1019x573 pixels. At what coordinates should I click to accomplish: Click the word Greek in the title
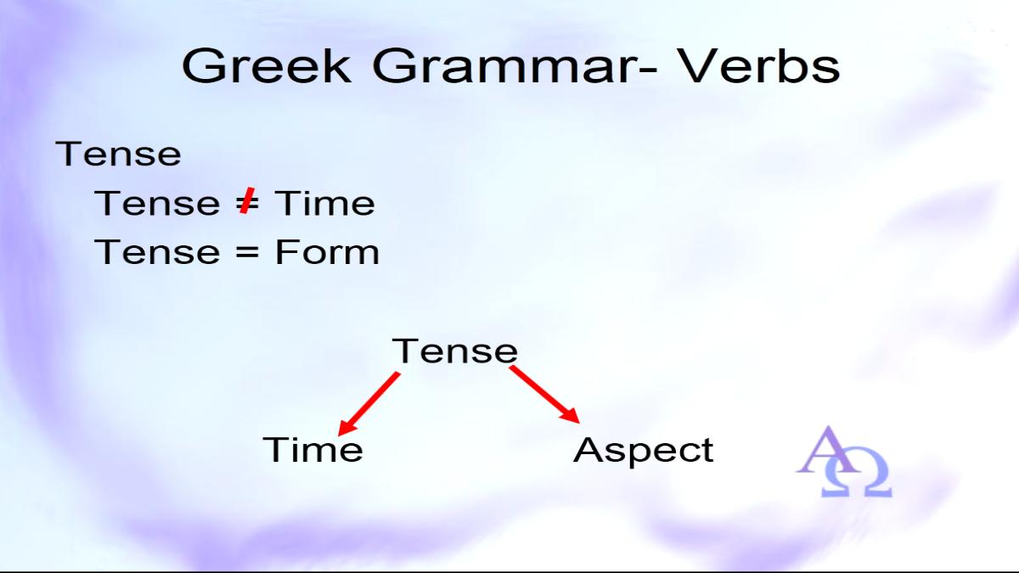pyautogui.click(x=267, y=66)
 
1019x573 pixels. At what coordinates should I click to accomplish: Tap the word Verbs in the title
pyautogui.click(x=760, y=66)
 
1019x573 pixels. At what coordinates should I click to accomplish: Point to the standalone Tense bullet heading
pyautogui.click(x=118, y=154)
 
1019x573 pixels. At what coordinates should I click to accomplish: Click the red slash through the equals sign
pyautogui.click(x=246, y=200)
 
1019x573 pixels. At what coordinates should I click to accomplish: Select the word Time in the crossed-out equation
pyautogui.click(x=324, y=203)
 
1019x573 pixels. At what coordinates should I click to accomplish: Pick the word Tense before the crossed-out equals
pyautogui.click(x=157, y=203)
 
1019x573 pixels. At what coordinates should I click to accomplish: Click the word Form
pyautogui.click(x=327, y=252)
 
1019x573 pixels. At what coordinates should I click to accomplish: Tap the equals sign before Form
pyautogui.click(x=247, y=252)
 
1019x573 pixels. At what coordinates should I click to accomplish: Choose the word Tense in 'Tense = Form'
pyautogui.click(x=157, y=252)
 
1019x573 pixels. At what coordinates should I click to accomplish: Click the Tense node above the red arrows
pyautogui.click(x=455, y=351)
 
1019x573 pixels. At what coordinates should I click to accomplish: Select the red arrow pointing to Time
pyautogui.click(x=369, y=404)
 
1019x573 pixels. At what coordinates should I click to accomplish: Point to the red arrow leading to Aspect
pyautogui.click(x=544, y=395)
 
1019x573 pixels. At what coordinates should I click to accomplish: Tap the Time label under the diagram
pyautogui.click(x=313, y=449)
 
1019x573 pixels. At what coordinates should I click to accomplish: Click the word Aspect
pyautogui.click(x=644, y=451)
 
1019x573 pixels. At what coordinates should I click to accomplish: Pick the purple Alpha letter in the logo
pyautogui.click(x=829, y=450)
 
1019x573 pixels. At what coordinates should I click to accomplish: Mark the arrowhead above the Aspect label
pyautogui.click(x=571, y=415)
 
